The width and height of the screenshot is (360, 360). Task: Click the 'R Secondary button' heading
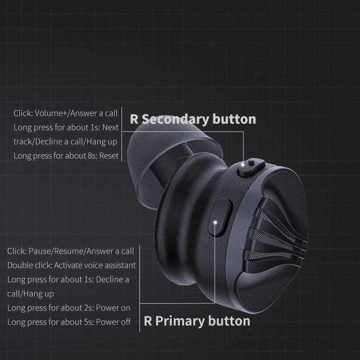(193, 119)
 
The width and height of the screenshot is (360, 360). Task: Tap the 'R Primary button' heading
(197, 321)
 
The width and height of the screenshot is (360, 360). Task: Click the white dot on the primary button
(215, 222)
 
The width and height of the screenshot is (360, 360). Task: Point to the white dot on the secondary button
(243, 165)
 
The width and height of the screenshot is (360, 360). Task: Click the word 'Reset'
(109, 156)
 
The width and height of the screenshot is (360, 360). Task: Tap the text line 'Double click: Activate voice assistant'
(72, 265)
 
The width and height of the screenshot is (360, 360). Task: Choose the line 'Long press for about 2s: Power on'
(69, 308)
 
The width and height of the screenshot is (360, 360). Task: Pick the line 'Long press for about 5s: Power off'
(69, 322)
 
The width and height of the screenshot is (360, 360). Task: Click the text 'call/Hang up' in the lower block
(31, 294)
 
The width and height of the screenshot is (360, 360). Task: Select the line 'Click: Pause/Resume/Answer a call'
(71, 251)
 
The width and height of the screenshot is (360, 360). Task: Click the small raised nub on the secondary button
(252, 162)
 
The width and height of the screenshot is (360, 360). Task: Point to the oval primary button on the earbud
(220, 217)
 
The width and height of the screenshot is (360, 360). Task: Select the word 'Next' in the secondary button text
(110, 127)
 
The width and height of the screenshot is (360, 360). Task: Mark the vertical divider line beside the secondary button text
(121, 134)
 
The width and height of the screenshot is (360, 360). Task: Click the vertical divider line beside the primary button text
(139, 288)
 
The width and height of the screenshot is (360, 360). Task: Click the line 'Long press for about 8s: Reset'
(66, 156)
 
